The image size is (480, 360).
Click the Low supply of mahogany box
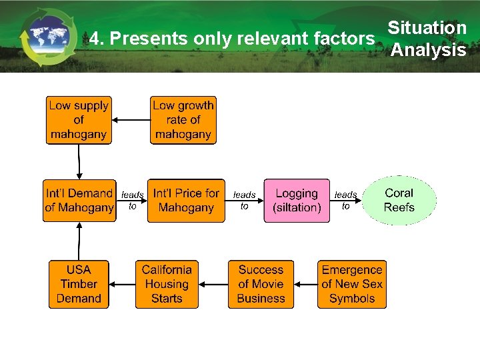click(x=79, y=120)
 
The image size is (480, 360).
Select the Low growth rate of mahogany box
click(x=183, y=120)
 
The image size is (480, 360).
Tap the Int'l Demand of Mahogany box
click(x=79, y=201)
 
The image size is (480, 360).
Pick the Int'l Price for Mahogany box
click(x=186, y=201)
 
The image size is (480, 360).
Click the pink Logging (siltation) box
click(x=297, y=201)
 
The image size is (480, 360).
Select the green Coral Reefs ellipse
click(x=399, y=200)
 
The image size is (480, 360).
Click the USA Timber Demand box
click(x=79, y=284)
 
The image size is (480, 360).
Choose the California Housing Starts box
click(x=167, y=284)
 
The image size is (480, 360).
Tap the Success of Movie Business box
click(x=261, y=284)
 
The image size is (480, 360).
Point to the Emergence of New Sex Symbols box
click(x=351, y=284)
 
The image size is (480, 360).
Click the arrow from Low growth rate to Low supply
click(x=131, y=120)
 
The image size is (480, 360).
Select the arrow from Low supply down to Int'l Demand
click(x=79, y=161)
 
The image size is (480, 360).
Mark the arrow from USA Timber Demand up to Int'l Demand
click(x=79, y=241)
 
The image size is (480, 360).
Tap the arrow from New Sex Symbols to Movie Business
click(x=305, y=284)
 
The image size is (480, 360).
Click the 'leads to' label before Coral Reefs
click(x=345, y=201)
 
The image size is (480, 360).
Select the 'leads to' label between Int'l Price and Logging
click(x=244, y=201)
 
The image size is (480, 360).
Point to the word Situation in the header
click(x=427, y=28)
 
